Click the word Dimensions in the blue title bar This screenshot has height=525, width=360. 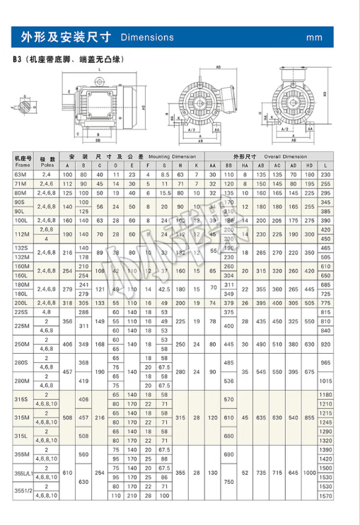pyautogui.click(x=147, y=36)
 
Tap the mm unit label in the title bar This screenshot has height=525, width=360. pyautogui.click(x=315, y=37)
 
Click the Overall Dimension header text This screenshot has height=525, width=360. pyautogui.click(x=286, y=155)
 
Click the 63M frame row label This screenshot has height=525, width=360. pyautogui.click(x=18, y=174)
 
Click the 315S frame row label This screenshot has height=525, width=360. pyautogui.click(x=18, y=398)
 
